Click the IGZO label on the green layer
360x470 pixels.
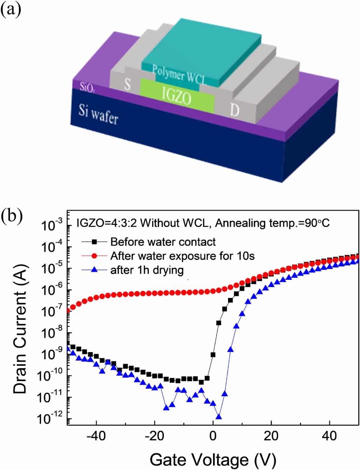(x=177, y=95)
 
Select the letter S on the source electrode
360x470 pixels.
(x=127, y=84)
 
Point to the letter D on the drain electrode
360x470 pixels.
(x=234, y=110)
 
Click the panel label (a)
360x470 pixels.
(x=10, y=9)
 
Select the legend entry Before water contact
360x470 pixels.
(x=163, y=242)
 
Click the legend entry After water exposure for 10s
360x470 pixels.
(x=182, y=256)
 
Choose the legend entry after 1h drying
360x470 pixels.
(x=147, y=270)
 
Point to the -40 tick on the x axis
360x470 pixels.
(x=96, y=436)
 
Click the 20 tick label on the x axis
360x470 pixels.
(x=271, y=436)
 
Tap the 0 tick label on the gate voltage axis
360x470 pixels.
(x=213, y=436)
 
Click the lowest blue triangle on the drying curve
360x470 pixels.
(x=219, y=417)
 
